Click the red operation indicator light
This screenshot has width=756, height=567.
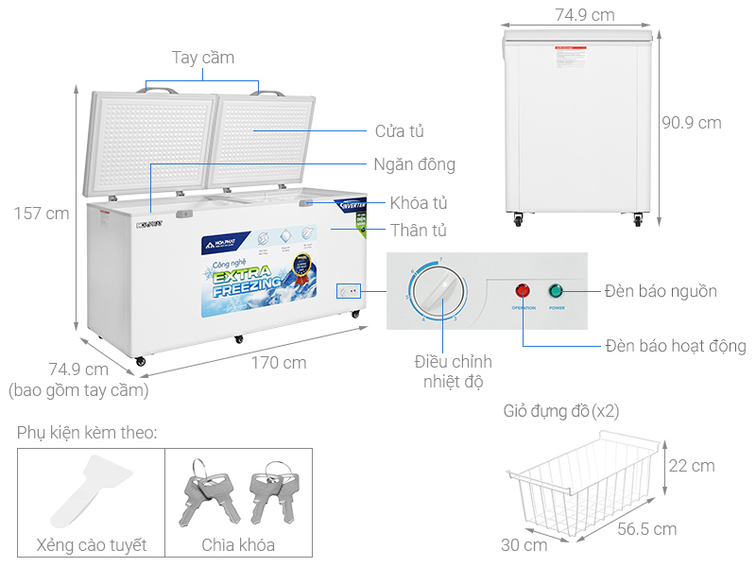pyautogui.click(x=523, y=291)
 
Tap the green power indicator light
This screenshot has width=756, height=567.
pyautogui.click(x=557, y=291)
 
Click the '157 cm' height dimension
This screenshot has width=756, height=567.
pyautogui.click(x=41, y=214)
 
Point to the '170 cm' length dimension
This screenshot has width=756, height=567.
pyautogui.click(x=279, y=362)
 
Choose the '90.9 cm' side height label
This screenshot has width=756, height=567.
pyautogui.click(x=691, y=123)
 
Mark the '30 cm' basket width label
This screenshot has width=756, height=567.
pyautogui.click(x=524, y=544)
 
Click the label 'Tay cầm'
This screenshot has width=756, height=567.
pyautogui.click(x=203, y=58)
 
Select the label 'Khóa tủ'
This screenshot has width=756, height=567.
pyautogui.click(x=419, y=203)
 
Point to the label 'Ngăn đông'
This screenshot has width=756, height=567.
pyautogui.click(x=414, y=164)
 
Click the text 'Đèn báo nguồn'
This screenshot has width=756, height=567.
pyautogui.click(x=662, y=291)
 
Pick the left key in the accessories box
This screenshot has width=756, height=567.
pyautogui.click(x=202, y=491)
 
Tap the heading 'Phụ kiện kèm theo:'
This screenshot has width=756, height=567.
pyautogui.click(x=86, y=433)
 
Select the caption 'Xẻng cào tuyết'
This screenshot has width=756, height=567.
pyautogui.click(x=91, y=545)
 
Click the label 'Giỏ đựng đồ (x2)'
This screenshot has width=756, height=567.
pyautogui.click(x=561, y=411)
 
